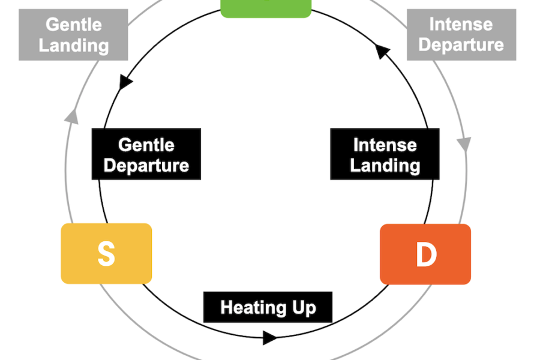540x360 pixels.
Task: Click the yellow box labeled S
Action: coord(106,253)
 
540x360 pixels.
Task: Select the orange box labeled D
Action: coord(425,254)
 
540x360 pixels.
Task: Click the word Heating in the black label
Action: coord(247,308)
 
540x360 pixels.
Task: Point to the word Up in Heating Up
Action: coord(302,308)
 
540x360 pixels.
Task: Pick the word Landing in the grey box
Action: coord(74,45)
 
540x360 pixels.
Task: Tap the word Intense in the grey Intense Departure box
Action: coord(461,25)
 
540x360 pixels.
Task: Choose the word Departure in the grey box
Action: coord(461,45)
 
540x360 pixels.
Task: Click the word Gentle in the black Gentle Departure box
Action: coord(146,145)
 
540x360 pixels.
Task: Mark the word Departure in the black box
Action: coord(146,165)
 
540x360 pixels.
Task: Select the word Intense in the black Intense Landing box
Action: coord(385,145)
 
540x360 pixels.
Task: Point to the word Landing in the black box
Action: coord(385,165)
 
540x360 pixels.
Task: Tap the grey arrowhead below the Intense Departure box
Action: coord(464,144)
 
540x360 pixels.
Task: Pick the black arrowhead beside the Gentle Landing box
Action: coord(126,82)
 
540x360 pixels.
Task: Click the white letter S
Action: coord(106,254)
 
